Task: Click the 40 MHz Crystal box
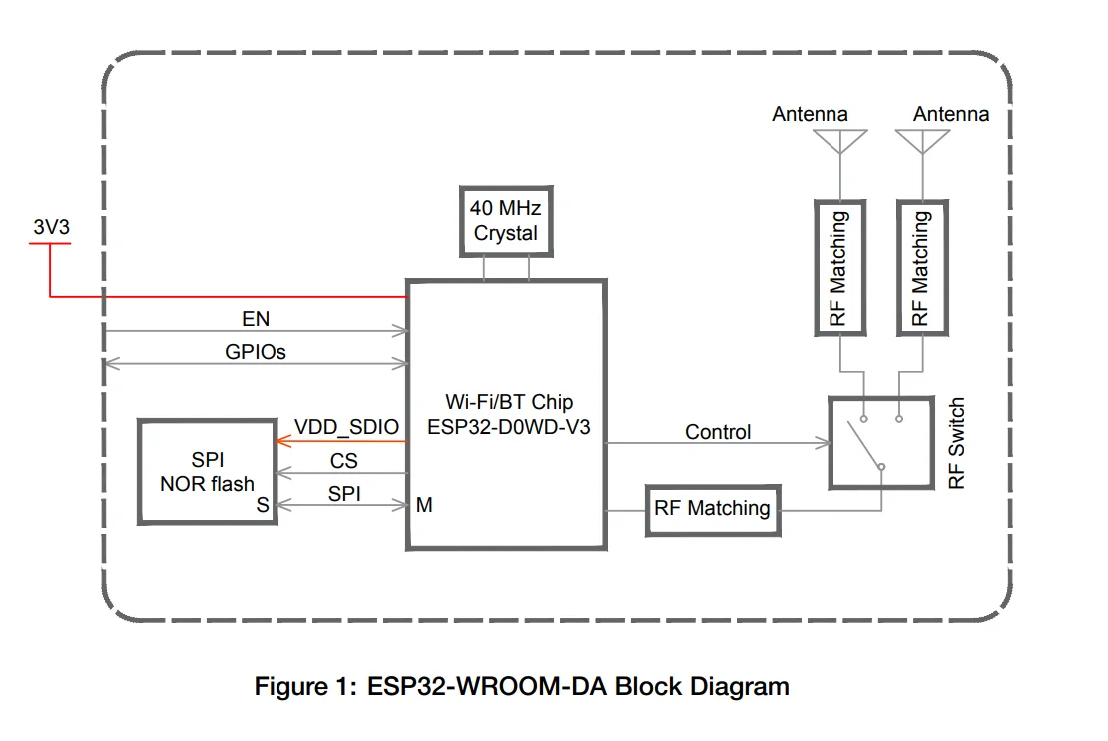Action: click(505, 221)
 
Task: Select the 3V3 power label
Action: click(52, 227)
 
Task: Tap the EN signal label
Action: click(256, 319)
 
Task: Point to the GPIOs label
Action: click(256, 351)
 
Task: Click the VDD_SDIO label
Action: click(346, 428)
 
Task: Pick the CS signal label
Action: click(344, 461)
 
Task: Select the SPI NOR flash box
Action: click(207, 472)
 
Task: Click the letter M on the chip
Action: click(424, 505)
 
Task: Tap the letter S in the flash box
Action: click(263, 505)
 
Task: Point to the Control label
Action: click(718, 432)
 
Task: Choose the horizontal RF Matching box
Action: click(712, 509)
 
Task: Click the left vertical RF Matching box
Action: click(839, 267)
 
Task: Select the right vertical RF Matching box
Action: click(921, 267)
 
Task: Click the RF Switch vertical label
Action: click(957, 443)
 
